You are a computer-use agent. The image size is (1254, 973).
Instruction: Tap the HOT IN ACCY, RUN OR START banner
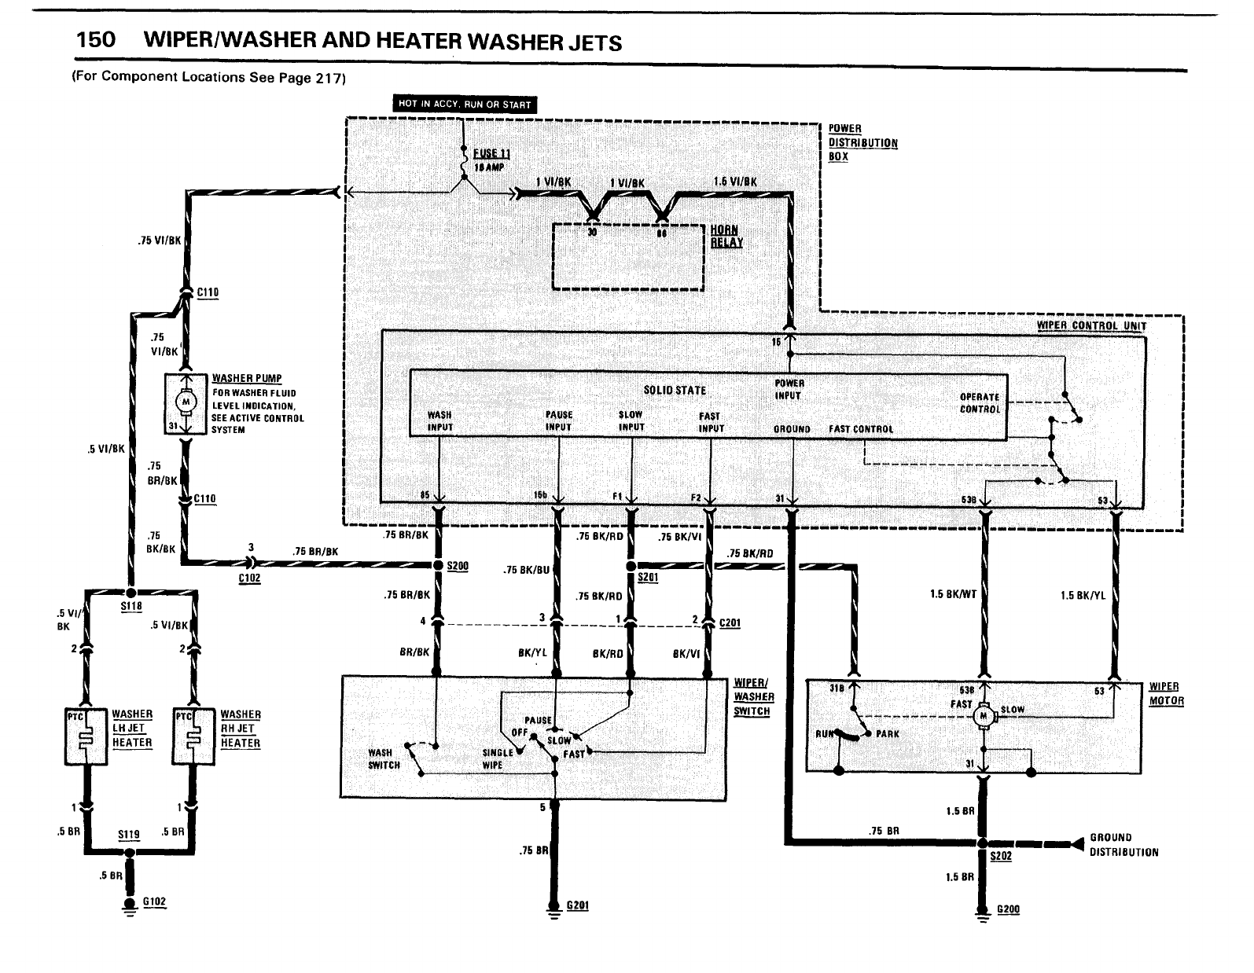click(x=465, y=104)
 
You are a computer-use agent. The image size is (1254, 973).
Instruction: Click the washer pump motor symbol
click(x=186, y=402)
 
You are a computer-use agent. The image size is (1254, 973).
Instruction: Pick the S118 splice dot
click(x=131, y=592)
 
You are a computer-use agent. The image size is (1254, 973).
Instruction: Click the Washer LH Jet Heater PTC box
click(x=84, y=736)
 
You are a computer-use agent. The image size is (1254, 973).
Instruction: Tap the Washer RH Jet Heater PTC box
click(x=193, y=736)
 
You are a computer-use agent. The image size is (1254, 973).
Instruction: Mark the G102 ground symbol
click(x=129, y=903)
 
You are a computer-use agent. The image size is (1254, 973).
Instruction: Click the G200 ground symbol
click(x=982, y=912)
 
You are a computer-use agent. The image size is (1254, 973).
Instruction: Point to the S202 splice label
click(x=1001, y=856)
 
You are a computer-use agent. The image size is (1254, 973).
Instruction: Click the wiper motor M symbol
click(x=982, y=715)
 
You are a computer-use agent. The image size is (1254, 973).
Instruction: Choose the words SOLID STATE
click(x=675, y=390)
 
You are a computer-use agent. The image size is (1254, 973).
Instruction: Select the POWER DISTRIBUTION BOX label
click(x=862, y=142)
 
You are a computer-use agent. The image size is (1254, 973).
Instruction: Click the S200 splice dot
click(x=438, y=565)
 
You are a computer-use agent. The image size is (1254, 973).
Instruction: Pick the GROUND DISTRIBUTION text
click(x=1123, y=844)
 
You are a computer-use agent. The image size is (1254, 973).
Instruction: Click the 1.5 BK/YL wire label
click(x=1083, y=595)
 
